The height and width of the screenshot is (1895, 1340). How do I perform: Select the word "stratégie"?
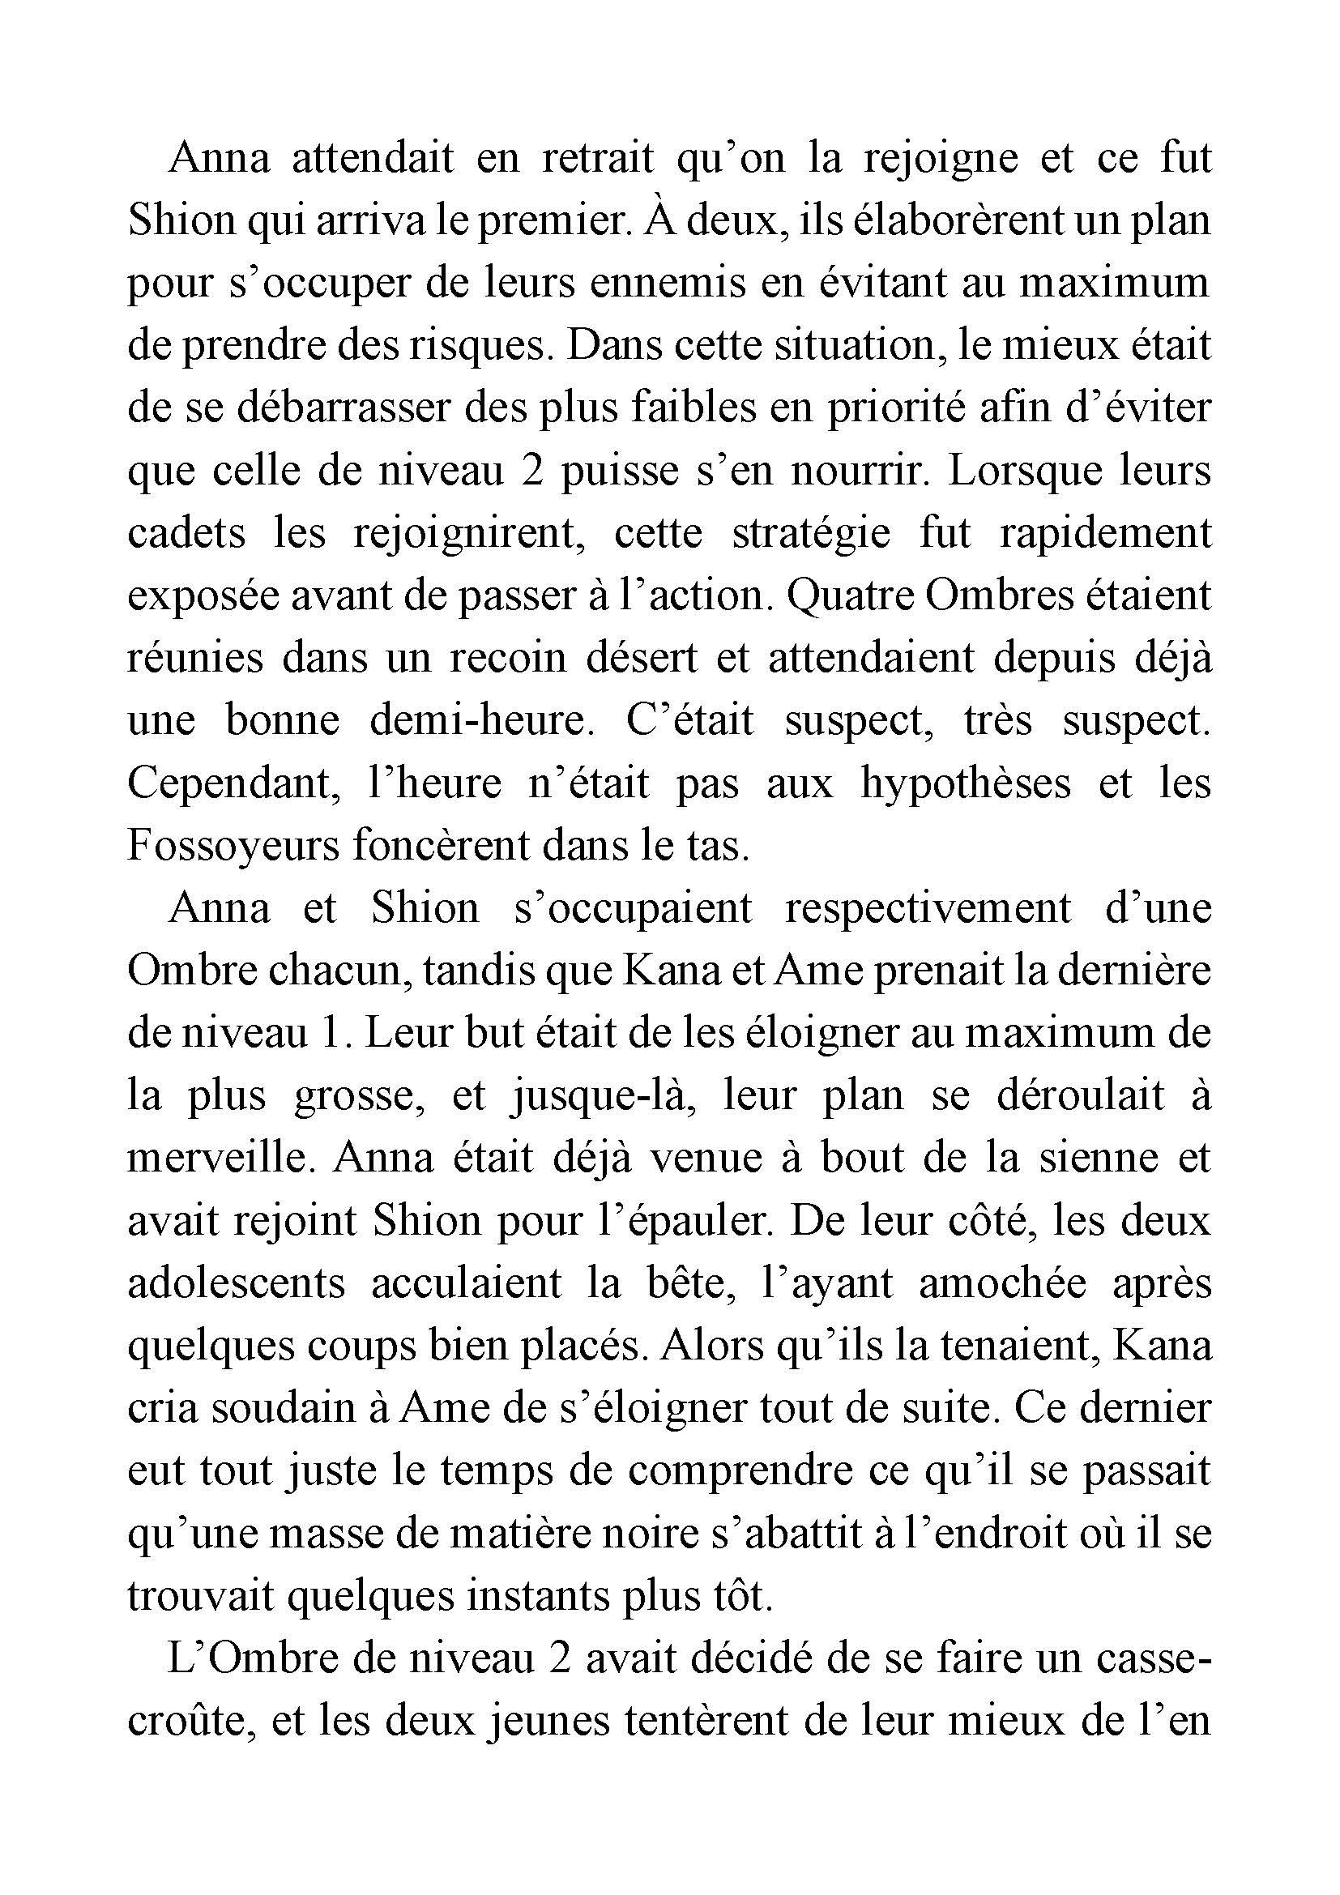(811, 533)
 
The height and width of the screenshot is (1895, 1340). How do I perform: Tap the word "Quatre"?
(848, 596)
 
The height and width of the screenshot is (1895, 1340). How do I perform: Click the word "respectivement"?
(928, 908)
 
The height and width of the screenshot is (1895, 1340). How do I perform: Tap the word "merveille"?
(222, 1158)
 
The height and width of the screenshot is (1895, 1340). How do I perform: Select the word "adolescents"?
(236, 1283)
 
